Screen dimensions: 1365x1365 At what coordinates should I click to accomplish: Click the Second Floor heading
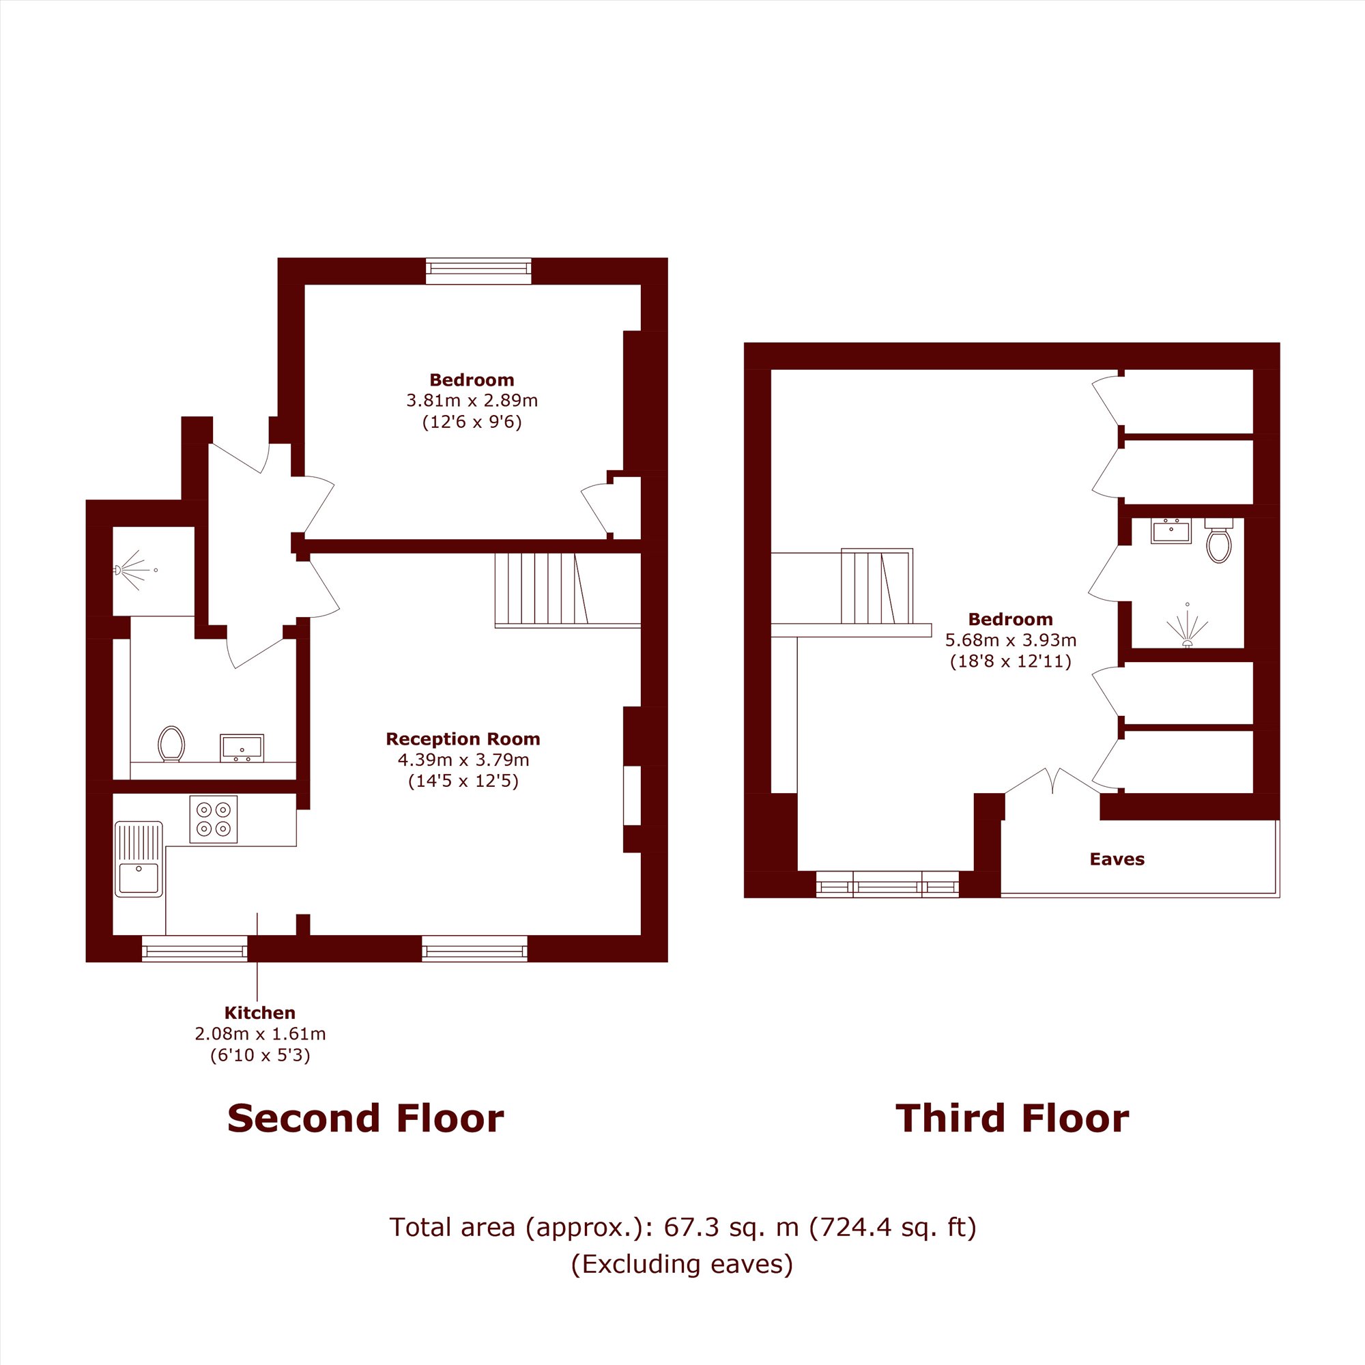point(365,1119)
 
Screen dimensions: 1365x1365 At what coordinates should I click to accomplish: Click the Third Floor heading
point(1012,1119)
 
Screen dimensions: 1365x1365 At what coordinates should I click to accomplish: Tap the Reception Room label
point(463,739)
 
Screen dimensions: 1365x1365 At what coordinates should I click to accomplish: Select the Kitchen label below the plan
point(260,1012)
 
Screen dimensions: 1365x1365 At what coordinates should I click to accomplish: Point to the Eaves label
point(1117,859)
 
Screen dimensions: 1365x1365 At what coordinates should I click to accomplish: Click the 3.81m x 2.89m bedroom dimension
point(472,401)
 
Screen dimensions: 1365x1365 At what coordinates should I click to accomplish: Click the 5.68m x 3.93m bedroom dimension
point(1011,640)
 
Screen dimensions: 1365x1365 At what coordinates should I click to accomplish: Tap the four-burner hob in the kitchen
point(214,819)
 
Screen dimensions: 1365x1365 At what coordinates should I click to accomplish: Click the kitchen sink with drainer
point(139,859)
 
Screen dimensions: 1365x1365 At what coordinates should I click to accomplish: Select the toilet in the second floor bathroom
point(171,744)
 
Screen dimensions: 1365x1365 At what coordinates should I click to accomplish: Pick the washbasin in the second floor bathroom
point(242,747)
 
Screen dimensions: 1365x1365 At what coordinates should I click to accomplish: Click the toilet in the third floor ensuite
point(1219,541)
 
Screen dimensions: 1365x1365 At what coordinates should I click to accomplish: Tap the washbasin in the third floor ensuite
point(1170,530)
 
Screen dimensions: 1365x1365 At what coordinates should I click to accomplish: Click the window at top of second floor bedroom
point(478,272)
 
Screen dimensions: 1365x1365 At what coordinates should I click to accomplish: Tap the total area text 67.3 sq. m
point(731,1227)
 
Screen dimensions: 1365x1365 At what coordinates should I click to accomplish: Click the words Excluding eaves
point(682,1264)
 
